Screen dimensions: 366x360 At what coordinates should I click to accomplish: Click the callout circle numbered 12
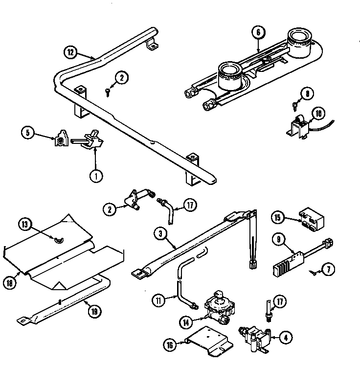[x=71, y=50]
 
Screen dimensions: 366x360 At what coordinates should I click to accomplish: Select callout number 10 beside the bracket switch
[x=318, y=114]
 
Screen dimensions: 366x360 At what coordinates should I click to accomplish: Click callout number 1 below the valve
[x=96, y=175]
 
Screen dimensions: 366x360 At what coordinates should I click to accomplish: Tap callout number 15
[x=278, y=218]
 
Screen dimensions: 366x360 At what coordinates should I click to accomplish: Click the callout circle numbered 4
[x=286, y=336]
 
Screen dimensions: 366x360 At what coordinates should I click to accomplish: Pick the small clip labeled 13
[x=59, y=239]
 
